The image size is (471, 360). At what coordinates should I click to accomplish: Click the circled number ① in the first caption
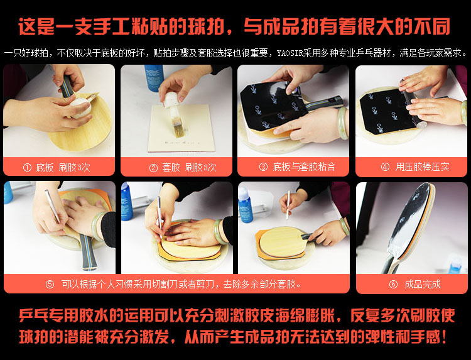tap(27, 167)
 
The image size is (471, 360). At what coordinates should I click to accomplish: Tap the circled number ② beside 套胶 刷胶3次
tap(153, 167)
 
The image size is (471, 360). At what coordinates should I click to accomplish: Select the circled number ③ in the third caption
tap(263, 166)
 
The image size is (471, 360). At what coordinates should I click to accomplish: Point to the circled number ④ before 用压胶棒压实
tap(385, 166)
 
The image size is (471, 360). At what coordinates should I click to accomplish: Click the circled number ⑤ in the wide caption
tap(50, 284)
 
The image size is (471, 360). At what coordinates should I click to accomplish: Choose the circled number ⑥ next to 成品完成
tap(393, 284)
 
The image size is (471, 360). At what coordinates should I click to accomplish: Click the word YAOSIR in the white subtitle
tap(290, 53)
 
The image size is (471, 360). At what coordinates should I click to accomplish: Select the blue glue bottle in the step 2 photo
tap(154, 77)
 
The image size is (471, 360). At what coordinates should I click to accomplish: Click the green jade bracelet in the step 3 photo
tap(342, 123)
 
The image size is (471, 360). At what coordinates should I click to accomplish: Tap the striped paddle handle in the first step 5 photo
tap(88, 252)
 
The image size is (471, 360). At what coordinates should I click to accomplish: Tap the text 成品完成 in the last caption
tap(423, 284)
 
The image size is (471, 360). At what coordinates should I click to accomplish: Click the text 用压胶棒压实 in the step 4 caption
tap(423, 166)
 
